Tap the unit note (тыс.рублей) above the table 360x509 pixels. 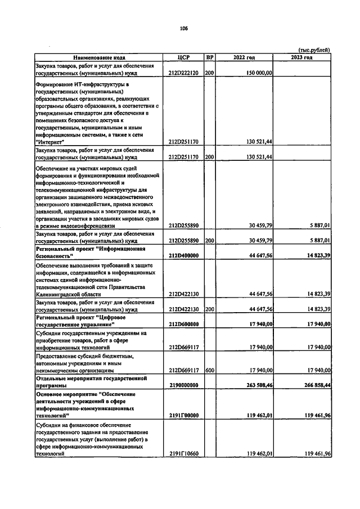[x=314, y=51]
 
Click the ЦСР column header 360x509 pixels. [x=183, y=57]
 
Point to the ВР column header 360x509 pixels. [x=209, y=57]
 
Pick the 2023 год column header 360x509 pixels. [x=302, y=57]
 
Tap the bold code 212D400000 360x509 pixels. [x=183, y=255]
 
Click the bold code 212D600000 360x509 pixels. [x=183, y=324]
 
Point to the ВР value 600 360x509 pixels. [x=209, y=370]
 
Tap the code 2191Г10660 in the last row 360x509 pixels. [x=183, y=453]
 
